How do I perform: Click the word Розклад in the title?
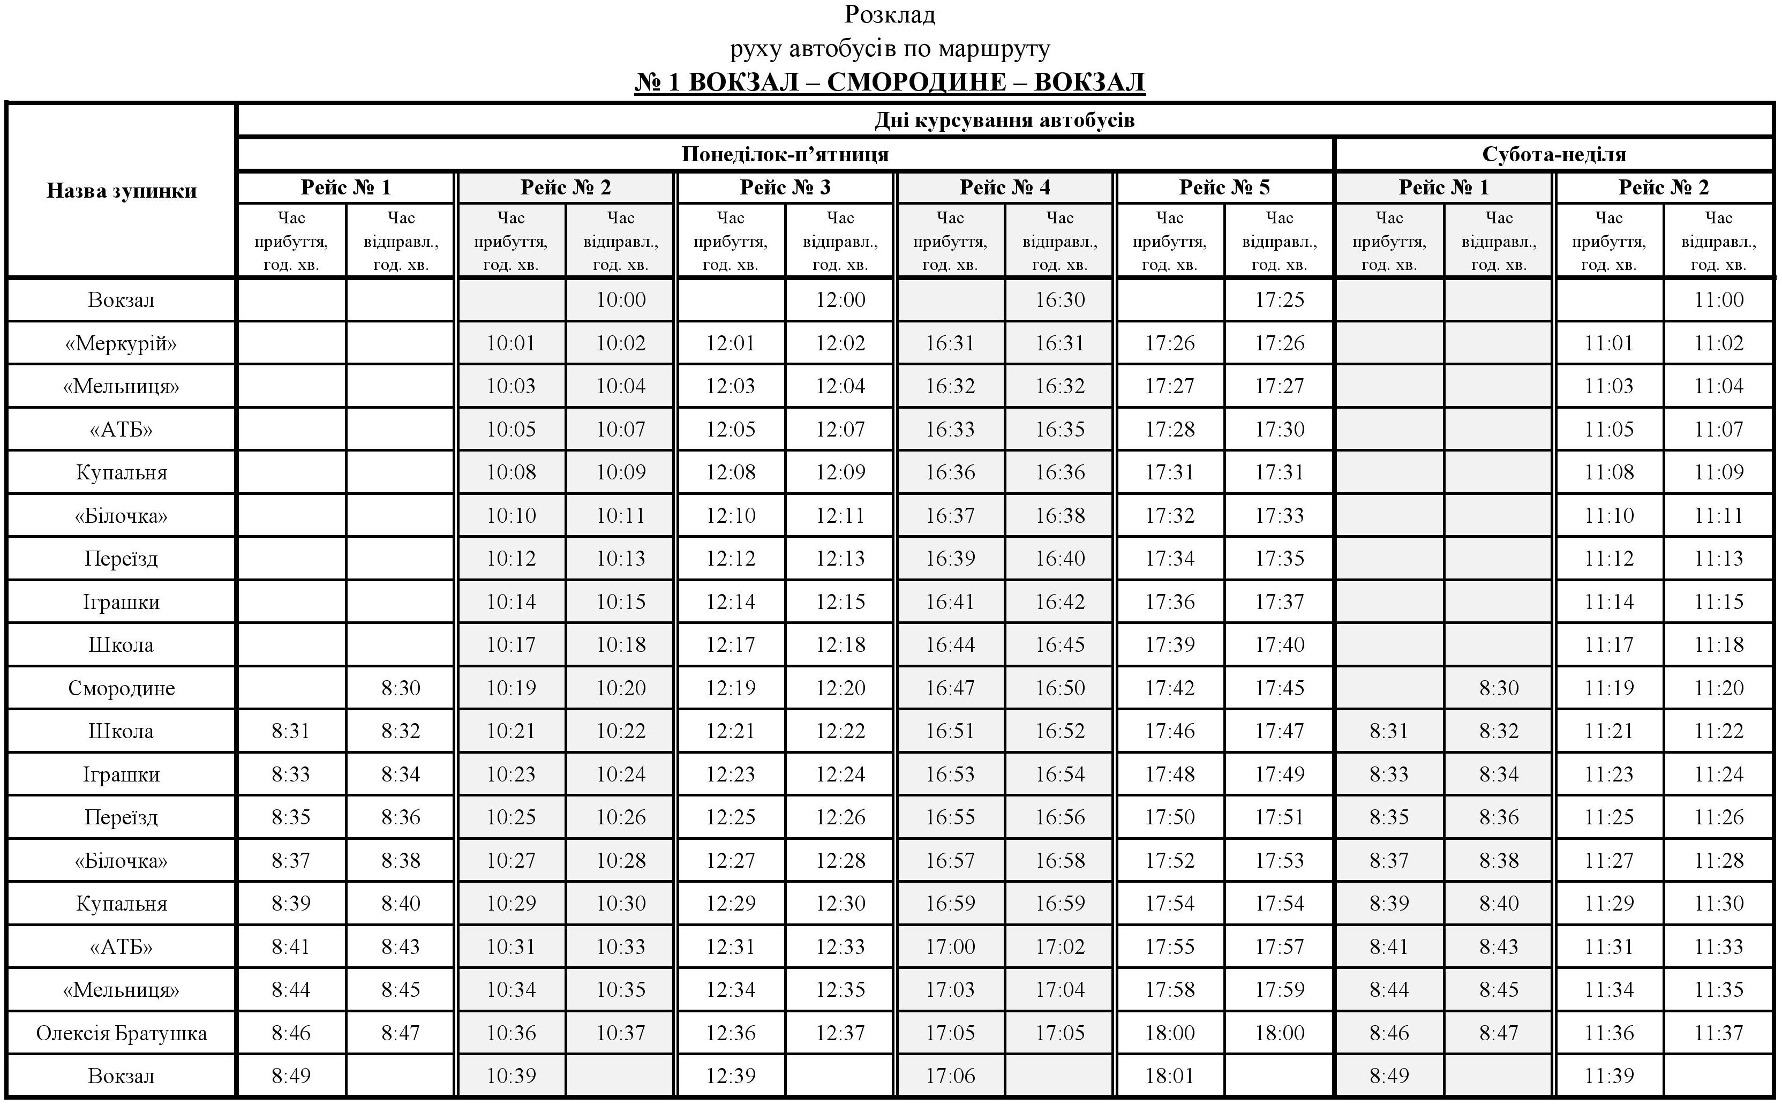pos(890,14)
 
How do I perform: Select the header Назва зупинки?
pos(121,191)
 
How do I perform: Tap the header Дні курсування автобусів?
pos(1005,120)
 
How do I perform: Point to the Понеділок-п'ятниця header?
pos(785,154)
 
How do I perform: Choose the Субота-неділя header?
pos(1554,154)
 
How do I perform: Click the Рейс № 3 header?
pos(785,188)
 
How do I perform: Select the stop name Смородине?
pos(121,688)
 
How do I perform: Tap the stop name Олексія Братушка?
pos(121,1033)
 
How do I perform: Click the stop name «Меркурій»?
pos(121,343)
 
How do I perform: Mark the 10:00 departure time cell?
pos(620,299)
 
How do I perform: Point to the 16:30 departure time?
pos(1059,299)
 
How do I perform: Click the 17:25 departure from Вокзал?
pos(1280,299)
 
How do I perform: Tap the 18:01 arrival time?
pos(1169,1076)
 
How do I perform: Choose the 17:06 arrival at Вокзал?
pos(950,1076)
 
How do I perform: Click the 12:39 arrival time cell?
pos(731,1076)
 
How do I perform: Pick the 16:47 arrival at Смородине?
pos(950,688)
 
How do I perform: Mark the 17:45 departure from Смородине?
pos(1280,688)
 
